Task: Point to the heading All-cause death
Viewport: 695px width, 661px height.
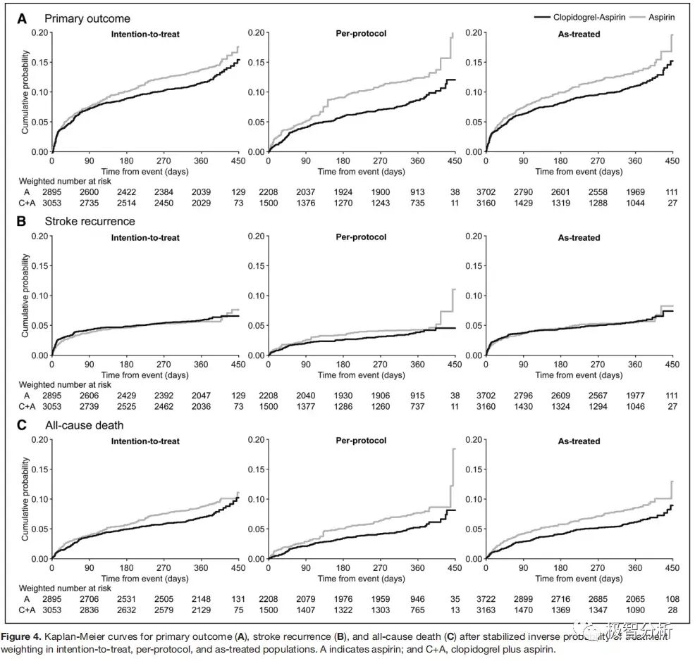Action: [84, 425]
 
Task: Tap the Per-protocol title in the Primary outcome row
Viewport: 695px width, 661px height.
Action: [362, 33]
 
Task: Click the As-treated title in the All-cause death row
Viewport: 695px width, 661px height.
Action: [579, 441]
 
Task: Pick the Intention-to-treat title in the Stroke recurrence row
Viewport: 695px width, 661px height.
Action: [145, 237]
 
